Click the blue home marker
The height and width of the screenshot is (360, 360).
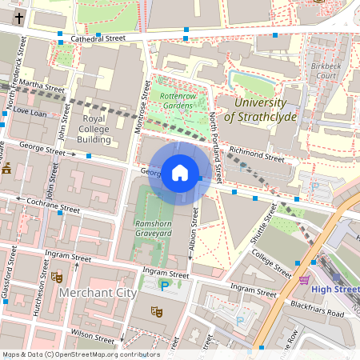(x=180, y=173)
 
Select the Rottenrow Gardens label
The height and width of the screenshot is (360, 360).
(x=178, y=100)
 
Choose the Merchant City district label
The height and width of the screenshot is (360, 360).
(x=98, y=294)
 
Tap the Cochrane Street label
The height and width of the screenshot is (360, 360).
(x=51, y=207)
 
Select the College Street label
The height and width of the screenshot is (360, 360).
(x=271, y=261)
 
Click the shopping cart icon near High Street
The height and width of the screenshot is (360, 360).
(x=304, y=280)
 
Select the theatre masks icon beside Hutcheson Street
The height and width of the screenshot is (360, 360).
(x=57, y=277)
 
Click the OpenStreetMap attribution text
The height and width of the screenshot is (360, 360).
(x=80, y=354)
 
